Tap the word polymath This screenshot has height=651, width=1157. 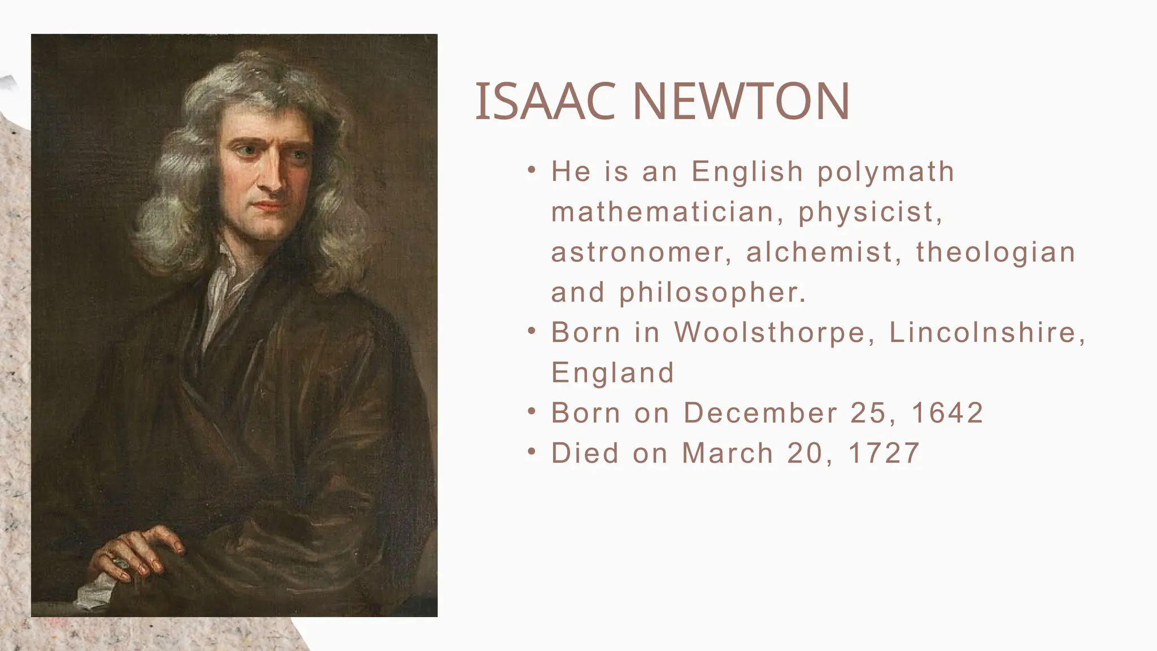click(886, 172)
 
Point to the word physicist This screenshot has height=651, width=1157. click(870, 213)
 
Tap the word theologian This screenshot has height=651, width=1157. click(995, 253)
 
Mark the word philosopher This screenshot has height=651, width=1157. click(712, 293)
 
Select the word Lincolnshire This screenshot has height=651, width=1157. click(986, 332)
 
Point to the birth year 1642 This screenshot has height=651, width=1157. click(947, 413)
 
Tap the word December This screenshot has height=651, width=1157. click(760, 413)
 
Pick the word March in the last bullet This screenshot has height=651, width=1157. click(728, 453)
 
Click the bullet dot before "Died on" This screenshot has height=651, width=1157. click(532, 452)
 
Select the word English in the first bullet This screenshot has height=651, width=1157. click(747, 172)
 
